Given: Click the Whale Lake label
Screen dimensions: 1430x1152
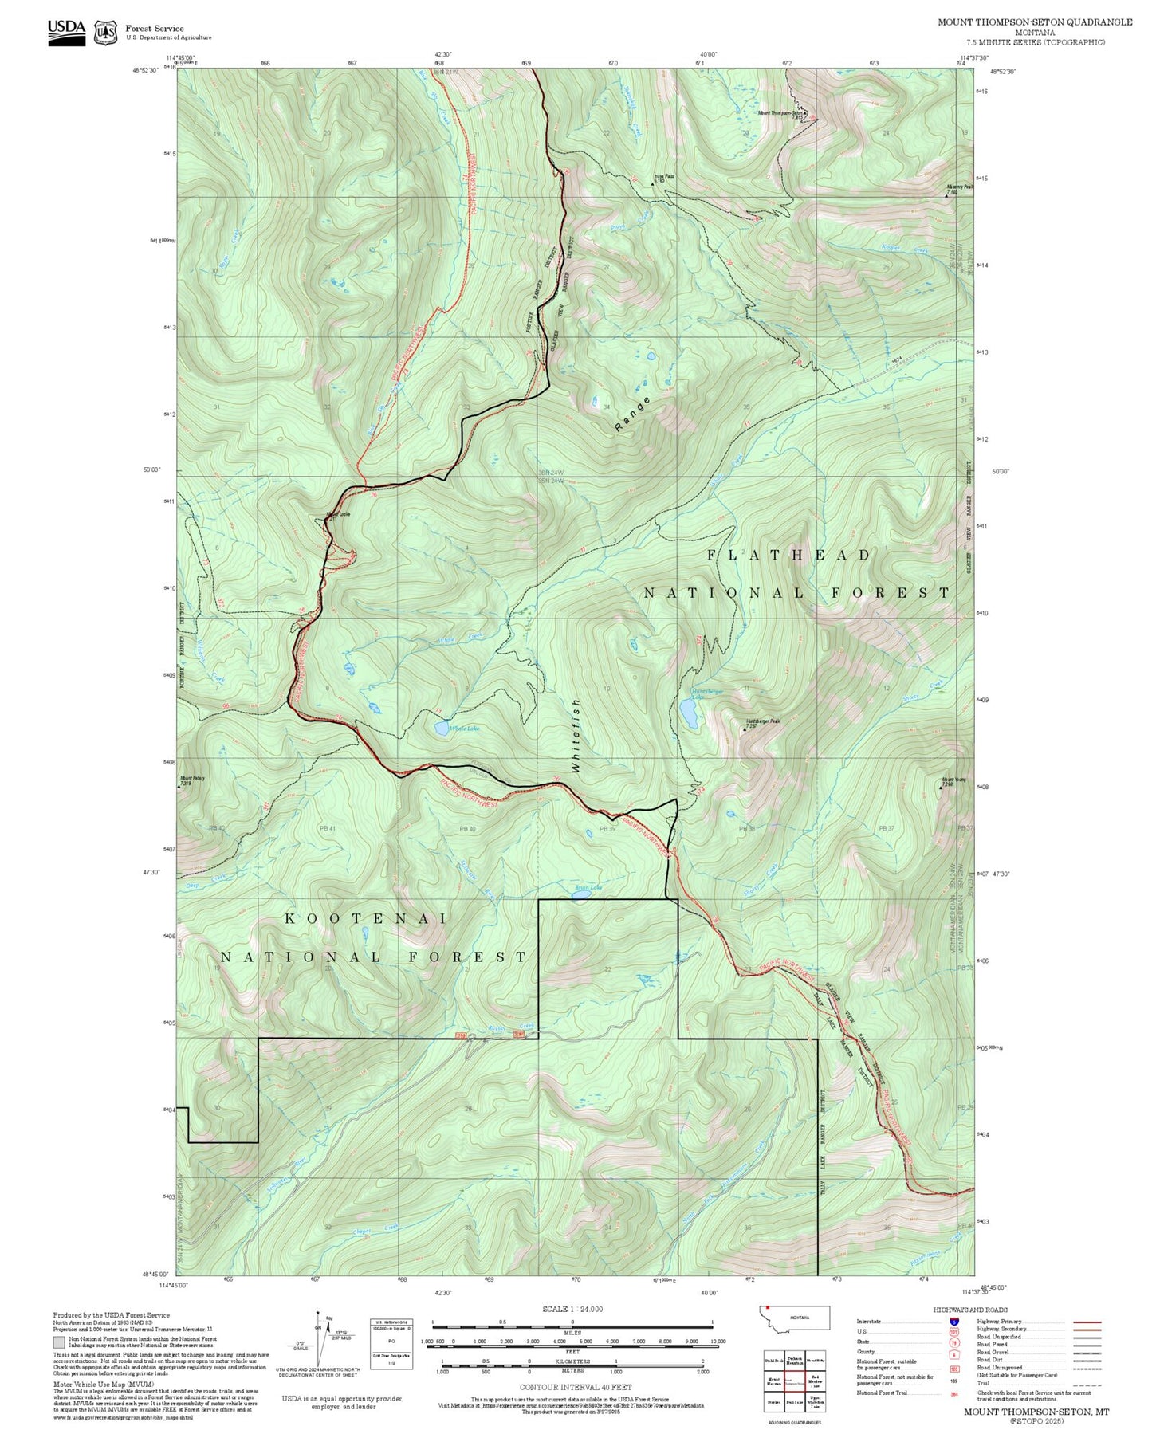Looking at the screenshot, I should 463,729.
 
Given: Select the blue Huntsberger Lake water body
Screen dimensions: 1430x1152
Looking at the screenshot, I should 688,714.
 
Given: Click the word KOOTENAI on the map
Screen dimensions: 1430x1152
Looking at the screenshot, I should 366,918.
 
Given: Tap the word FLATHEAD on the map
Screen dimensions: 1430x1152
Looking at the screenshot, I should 789,554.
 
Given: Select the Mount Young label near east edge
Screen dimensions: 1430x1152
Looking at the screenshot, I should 953,780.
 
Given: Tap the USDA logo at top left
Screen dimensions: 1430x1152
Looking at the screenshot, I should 66,28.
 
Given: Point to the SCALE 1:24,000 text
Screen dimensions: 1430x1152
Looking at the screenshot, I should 572,1309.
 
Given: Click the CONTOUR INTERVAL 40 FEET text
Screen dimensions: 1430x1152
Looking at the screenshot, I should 572,1388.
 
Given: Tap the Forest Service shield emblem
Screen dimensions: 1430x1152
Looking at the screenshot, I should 105,32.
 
